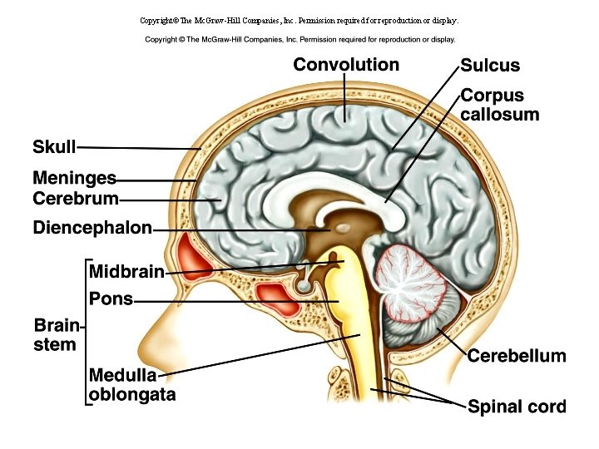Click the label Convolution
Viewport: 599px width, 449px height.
tap(346, 65)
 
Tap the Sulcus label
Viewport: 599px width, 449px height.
tap(490, 66)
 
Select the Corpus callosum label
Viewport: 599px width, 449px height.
tap(499, 105)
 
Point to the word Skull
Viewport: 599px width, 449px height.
tap(54, 147)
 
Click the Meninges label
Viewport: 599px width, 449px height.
tap(74, 178)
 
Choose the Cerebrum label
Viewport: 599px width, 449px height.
tap(76, 199)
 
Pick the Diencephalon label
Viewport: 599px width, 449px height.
tap(92, 227)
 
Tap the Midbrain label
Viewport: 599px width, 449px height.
tap(126, 271)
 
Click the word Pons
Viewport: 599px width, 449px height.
tap(111, 299)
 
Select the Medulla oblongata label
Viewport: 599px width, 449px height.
tap(131, 386)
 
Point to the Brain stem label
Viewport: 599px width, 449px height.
tap(55, 335)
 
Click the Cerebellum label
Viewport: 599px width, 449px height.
tap(517, 356)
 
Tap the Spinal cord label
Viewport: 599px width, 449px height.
tap(517, 407)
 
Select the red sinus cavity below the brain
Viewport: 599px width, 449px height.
tap(275, 294)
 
